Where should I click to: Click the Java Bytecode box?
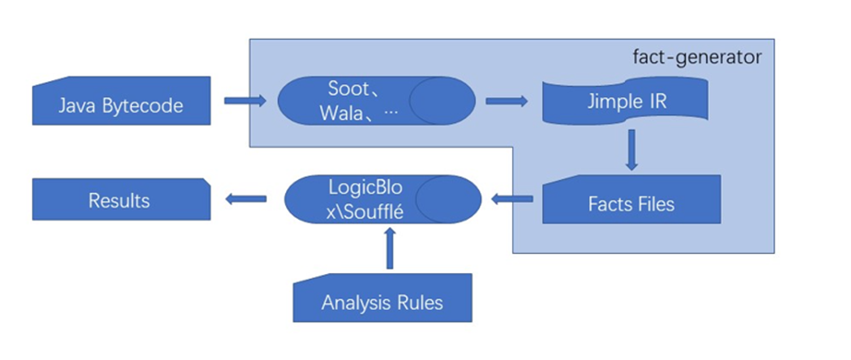tap(121, 101)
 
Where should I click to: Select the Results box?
tap(121, 199)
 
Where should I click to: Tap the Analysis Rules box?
tap(382, 298)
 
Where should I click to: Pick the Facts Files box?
tap(631, 199)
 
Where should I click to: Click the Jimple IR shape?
tap(625, 100)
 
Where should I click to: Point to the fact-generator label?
tap(698, 57)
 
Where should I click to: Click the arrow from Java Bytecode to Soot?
tap(246, 101)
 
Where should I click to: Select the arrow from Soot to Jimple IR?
tap(507, 101)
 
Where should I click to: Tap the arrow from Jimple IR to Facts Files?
tap(630, 150)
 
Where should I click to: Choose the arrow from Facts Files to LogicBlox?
tap(511, 199)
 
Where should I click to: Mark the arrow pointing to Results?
tap(246, 199)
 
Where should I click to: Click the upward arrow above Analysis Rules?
tap(390, 248)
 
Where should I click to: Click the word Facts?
tap(607, 204)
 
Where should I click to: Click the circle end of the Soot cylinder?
tap(442, 101)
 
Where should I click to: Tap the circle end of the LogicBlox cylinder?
tap(449, 199)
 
